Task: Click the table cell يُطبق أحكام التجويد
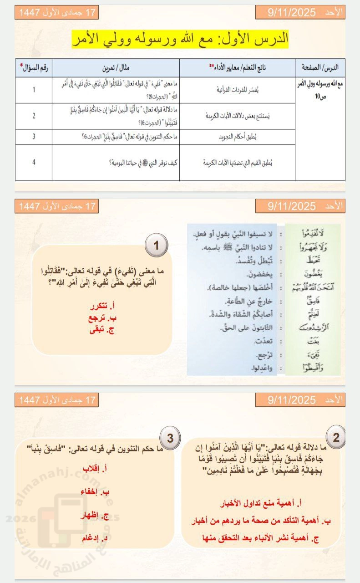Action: (x=238, y=137)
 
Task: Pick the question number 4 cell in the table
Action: (x=34, y=162)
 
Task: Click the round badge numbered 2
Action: (x=336, y=438)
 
